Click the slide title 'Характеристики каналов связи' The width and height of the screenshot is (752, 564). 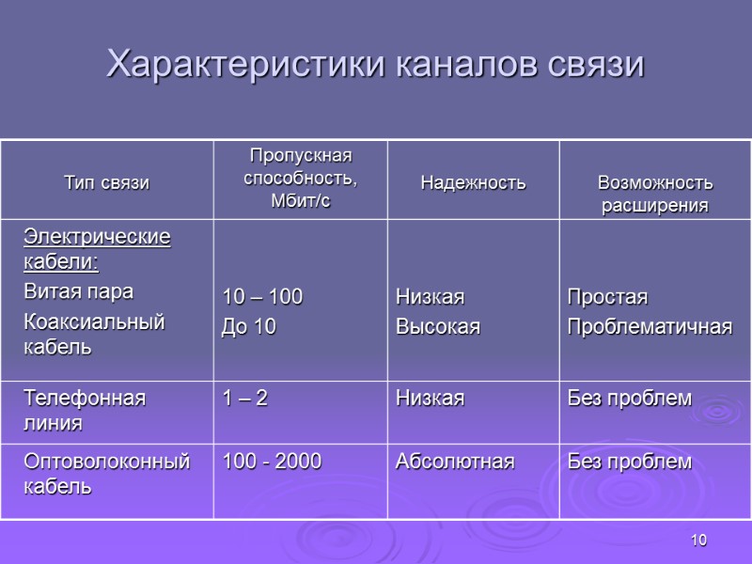[x=376, y=65]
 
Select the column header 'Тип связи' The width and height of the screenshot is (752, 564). [x=105, y=182]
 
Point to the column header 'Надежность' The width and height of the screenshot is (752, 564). [x=472, y=182]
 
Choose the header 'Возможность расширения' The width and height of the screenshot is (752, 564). [x=655, y=194]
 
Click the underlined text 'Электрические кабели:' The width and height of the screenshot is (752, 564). [x=97, y=248]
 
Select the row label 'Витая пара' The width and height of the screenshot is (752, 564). [x=78, y=291]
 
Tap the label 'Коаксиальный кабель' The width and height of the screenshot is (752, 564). [x=94, y=334]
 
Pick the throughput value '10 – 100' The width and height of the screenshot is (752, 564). [x=262, y=298]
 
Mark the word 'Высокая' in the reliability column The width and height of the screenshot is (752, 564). [x=437, y=326]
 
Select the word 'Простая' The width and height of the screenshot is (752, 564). [x=607, y=298]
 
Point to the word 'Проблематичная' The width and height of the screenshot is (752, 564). [x=649, y=326]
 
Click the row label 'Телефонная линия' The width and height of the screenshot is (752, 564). [x=85, y=410]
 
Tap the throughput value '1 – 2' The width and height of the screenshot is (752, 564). [x=244, y=399]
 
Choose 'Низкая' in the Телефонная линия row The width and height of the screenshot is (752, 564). [x=430, y=399]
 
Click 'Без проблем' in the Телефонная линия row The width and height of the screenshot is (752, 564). [x=629, y=399]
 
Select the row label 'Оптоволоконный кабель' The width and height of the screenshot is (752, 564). [x=106, y=474]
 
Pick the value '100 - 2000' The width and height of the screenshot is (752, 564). [x=272, y=462]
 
